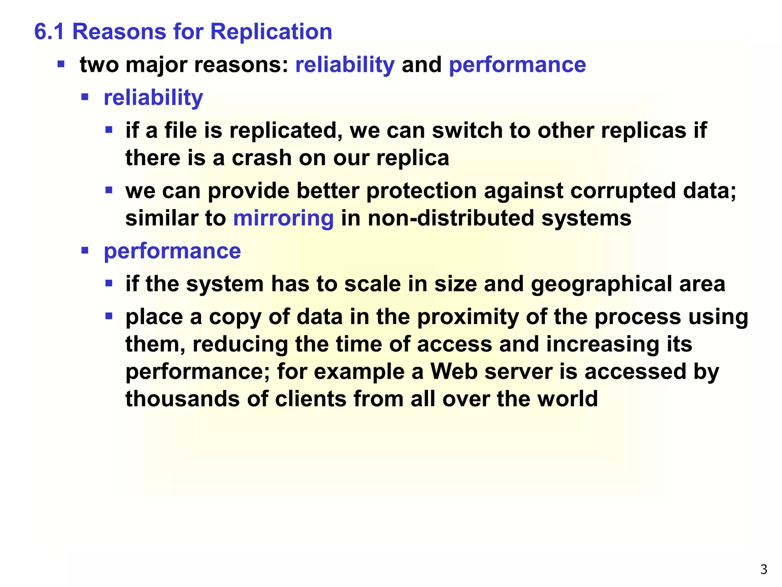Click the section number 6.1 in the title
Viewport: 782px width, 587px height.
49,31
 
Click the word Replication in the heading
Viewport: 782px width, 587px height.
271,31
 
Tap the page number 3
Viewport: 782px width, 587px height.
764,569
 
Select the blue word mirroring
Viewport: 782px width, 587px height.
283,218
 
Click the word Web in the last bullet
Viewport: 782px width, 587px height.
454,371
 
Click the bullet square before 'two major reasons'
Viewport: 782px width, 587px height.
61,63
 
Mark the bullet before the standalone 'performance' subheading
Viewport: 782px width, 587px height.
85,251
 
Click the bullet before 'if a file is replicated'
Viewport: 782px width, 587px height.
109,130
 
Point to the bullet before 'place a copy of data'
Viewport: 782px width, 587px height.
109,316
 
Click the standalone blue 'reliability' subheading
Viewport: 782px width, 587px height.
153,98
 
